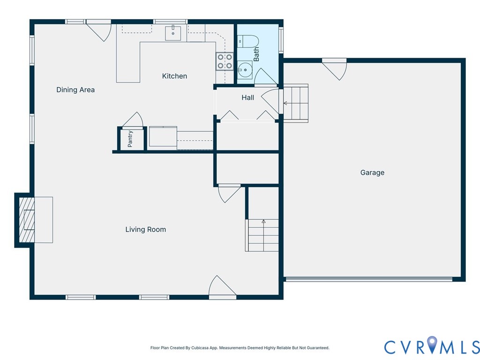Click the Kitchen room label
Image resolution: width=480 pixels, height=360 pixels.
(174, 76)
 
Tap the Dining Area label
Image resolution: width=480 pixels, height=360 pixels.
(75, 90)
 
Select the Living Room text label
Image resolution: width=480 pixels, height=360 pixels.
(146, 229)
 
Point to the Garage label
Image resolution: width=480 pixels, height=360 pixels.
(372, 172)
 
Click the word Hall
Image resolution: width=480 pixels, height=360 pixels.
(247, 97)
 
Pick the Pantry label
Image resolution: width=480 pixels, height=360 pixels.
(130, 139)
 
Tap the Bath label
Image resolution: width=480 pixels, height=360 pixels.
(256, 54)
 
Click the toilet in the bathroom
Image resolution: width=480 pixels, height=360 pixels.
(248, 42)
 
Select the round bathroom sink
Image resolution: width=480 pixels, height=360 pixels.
(245, 70)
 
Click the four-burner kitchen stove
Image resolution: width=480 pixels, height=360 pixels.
(225, 61)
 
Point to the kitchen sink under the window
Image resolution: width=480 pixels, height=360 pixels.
(173, 33)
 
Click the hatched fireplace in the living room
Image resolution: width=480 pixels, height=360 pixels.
(27, 220)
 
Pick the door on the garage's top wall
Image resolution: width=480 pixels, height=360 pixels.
(334, 69)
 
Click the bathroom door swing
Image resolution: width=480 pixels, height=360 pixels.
(266, 76)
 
